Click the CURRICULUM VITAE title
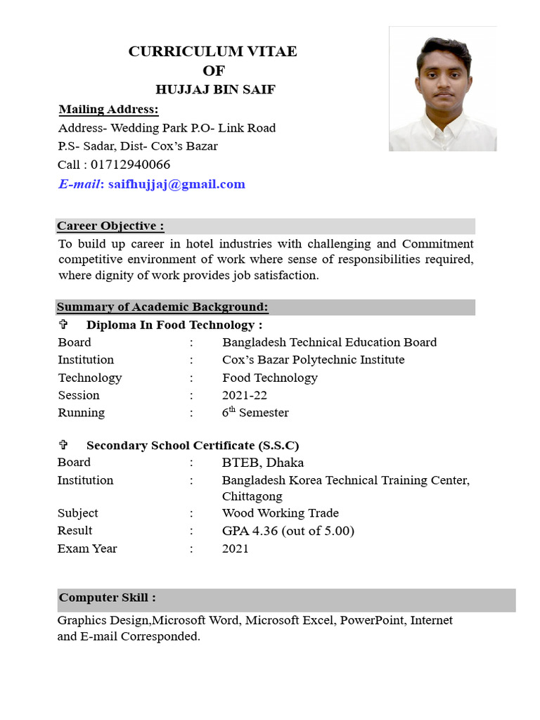pyautogui.click(x=212, y=51)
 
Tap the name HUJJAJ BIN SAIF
pyautogui.click(x=215, y=90)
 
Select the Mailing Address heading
pyautogui.click(x=108, y=110)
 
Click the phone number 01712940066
pyautogui.click(x=130, y=165)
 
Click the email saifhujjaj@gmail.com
pyautogui.click(x=176, y=184)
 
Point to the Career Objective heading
pyautogui.click(x=110, y=226)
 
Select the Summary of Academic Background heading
pyautogui.click(x=162, y=307)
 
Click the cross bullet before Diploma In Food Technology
pyautogui.click(x=63, y=325)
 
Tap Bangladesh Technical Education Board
pyautogui.click(x=329, y=342)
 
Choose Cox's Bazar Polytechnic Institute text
pyautogui.click(x=313, y=360)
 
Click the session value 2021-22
pyautogui.click(x=244, y=395)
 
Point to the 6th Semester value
pyautogui.click(x=255, y=413)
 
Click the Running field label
pyautogui.click(x=81, y=413)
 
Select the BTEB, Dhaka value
pyautogui.click(x=262, y=463)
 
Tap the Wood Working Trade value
pyautogui.click(x=280, y=513)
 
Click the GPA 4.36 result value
pyautogui.click(x=288, y=531)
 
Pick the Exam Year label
pyautogui.click(x=87, y=548)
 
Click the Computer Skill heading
pyautogui.click(x=107, y=598)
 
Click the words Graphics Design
pyautogui.click(x=104, y=620)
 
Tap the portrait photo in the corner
pyautogui.click(x=443, y=89)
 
